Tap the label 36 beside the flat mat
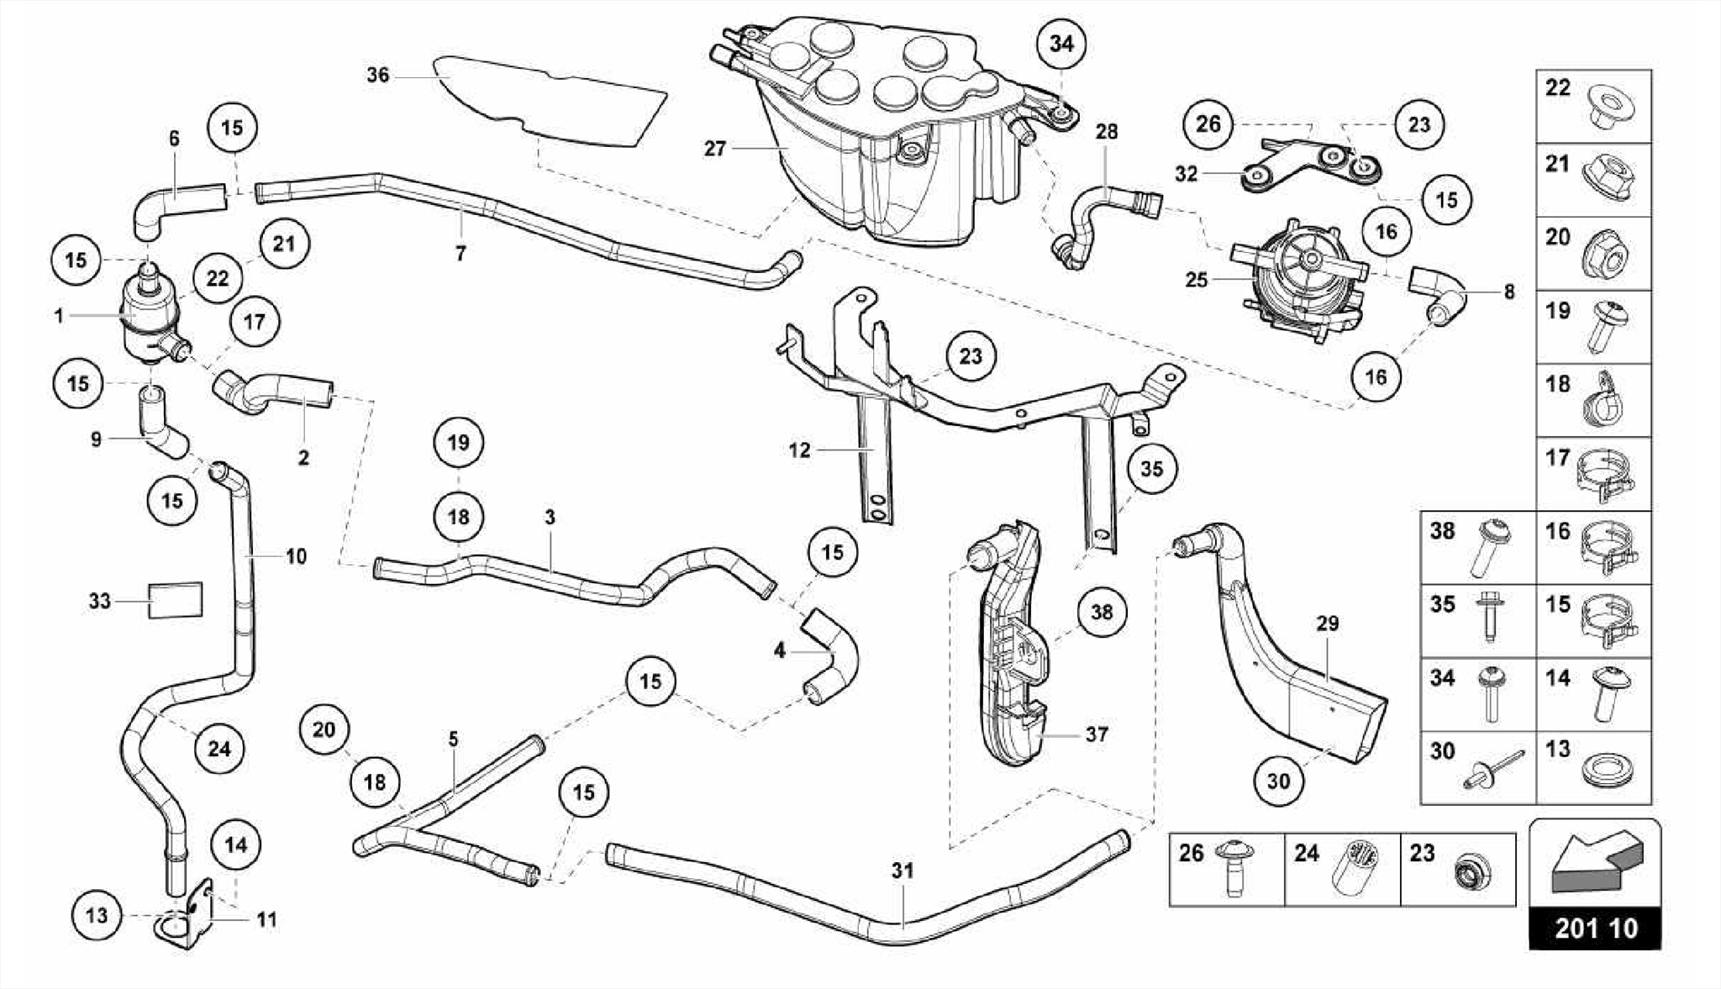pos(378,76)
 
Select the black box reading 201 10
pos(1595,928)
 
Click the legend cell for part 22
pos(1593,107)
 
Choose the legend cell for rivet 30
pos(1477,767)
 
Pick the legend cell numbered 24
pos(1342,869)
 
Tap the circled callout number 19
pos(458,442)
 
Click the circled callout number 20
pos(324,729)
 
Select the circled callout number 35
pos(1151,468)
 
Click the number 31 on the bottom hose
pos(903,871)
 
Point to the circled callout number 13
pos(97,914)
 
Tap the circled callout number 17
pos(254,321)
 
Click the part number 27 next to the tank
pos(714,149)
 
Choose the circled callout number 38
pos(1101,612)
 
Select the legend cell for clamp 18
pos(1593,400)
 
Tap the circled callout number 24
pos(218,748)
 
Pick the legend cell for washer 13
pos(1593,767)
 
